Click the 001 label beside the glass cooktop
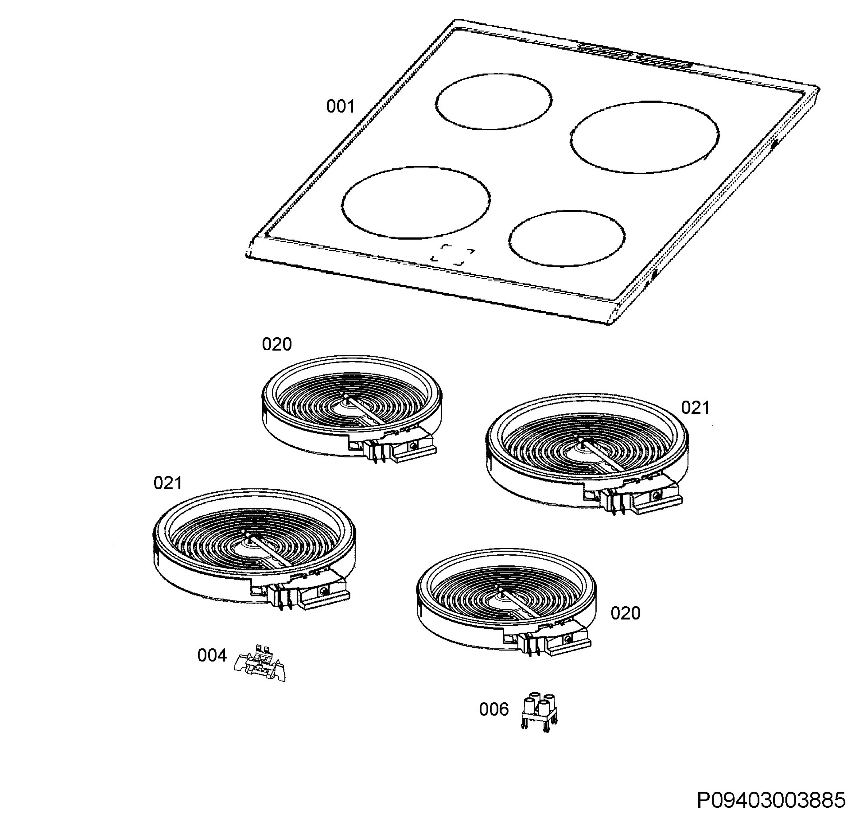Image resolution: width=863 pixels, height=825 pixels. [x=340, y=106]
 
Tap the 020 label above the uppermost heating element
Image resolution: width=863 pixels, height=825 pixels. [x=277, y=344]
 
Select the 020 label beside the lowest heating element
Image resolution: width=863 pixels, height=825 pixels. [x=625, y=613]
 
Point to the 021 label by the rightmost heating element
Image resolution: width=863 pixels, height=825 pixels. [x=695, y=408]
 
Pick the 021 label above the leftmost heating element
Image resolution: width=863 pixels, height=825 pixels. [x=168, y=483]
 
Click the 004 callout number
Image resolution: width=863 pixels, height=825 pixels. [x=212, y=655]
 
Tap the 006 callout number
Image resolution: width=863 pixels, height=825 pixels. [x=494, y=709]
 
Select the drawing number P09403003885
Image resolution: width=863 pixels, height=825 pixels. [x=771, y=801]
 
